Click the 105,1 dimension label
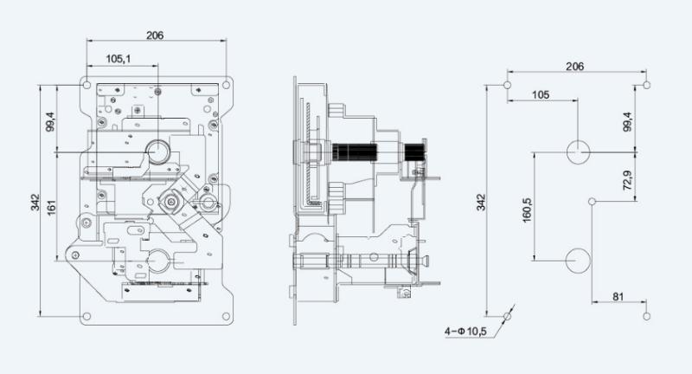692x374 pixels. pyautogui.click(x=119, y=59)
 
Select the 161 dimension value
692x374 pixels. pyautogui.click(x=52, y=208)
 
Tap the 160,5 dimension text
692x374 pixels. pyautogui.click(x=527, y=210)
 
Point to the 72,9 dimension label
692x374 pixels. pyautogui.click(x=627, y=180)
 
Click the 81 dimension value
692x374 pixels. pyautogui.click(x=618, y=297)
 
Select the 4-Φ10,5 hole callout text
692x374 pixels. pyautogui.click(x=465, y=331)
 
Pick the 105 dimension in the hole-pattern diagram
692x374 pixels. pyautogui.click(x=541, y=95)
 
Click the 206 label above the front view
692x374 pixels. pyautogui.click(x=155, y=35)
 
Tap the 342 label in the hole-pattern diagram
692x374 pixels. pyautogui.click(x=481, y=203)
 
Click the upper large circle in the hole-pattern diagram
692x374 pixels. pyautogui.click(x=578, y=152)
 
